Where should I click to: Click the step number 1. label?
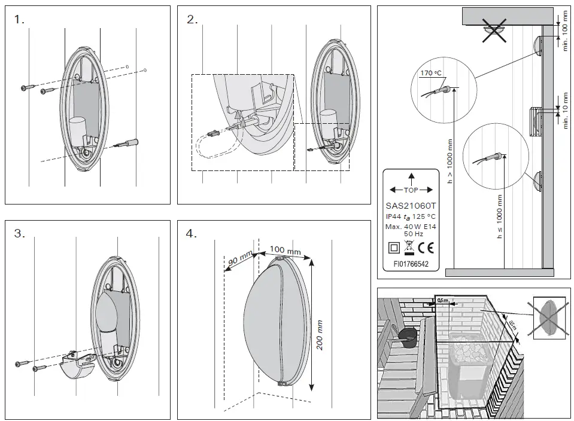pos(20,20)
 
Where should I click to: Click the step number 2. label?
pos(192,20)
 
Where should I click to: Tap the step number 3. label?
pos(20,234)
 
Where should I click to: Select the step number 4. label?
pos(192,234)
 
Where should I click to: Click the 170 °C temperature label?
pos(430,73)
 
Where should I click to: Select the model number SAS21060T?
pos(411,206)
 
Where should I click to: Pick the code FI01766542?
pos(411,263)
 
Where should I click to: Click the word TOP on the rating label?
pos(411,190)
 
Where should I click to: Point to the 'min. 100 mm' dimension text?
pos(565,30)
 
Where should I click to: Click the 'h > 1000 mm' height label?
pos(450,160)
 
